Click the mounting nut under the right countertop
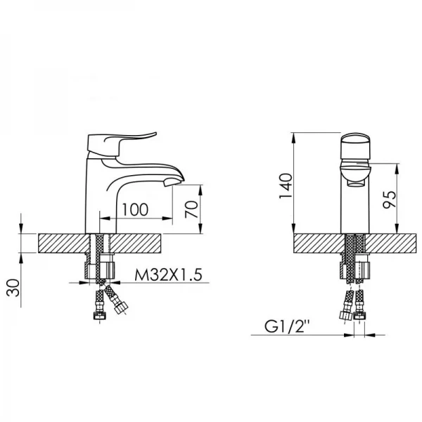[354, 269]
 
